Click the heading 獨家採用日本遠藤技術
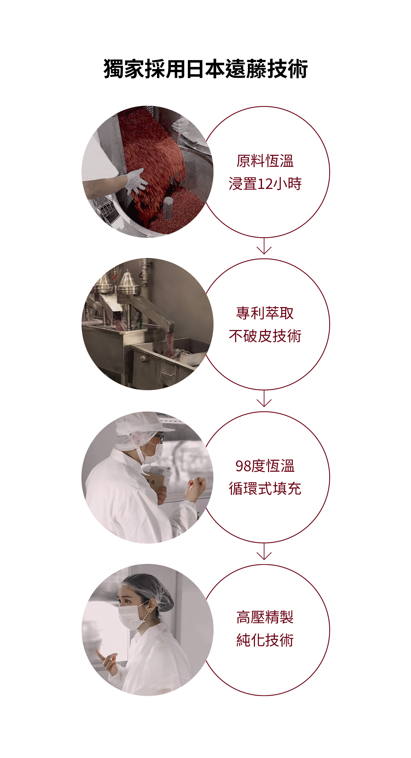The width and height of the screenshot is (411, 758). pyautogui.click(x=205, y=69)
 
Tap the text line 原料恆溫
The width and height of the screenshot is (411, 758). pyautogui.click(x=265, y=161)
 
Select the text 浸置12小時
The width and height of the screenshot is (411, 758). pyautogui.click(x=265, y=184)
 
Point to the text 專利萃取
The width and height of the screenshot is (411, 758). pyautogui.click(x=265, y=313)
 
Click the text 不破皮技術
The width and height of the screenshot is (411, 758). pyautogui.click(x=265, y=336)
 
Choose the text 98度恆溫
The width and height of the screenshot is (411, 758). pyautogui.click(x=265, y=466)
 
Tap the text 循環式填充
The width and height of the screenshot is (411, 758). pyautogui.click(x=265, y=489)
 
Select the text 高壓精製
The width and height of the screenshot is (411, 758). pyautogui.click(x=265, y=617)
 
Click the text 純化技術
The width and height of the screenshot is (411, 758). pyautogui.click(x=265, y=640)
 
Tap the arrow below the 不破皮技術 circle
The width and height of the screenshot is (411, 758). pyautogui.click(x=264, y=398)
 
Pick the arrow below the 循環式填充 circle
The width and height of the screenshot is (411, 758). pyautogui.click(x=264, y=551)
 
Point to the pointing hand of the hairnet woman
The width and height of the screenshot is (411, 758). pyautogui.click(x=108, y=662)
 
